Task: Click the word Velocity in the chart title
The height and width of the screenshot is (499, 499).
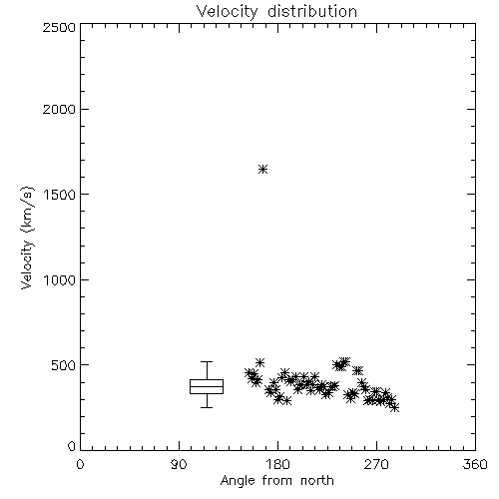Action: click(228, 12)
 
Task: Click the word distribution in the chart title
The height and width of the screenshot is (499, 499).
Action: click(312, 11)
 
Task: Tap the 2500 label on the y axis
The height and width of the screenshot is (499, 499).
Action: click(59, 27)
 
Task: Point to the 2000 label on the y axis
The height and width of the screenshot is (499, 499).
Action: click(59, 109)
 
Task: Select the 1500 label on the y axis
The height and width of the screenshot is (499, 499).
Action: click(60, 195)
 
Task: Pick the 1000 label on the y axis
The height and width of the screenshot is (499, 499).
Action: click(60, 279)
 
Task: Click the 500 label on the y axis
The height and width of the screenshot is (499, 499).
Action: click(64, 365)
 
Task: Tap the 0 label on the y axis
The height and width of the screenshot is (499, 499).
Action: click(72, 446)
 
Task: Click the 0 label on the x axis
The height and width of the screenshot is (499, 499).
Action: click(80, 464)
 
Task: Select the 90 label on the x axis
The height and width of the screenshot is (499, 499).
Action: click(179, 464)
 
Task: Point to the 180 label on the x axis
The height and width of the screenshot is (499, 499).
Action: click(277, 464)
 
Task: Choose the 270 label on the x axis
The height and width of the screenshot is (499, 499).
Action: click(376, 464)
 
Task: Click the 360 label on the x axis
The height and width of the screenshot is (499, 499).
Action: click(475, 464)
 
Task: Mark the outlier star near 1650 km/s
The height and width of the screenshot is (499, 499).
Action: click(262, 170)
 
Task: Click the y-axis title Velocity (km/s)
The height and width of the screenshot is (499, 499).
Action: click(27, 238)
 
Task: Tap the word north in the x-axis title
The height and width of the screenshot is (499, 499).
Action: click(317, 481)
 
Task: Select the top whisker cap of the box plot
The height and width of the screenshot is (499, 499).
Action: click(207, 361)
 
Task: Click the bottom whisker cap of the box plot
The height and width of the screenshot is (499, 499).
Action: click(207, 407)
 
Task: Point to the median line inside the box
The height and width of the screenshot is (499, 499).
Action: click(207, 386)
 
